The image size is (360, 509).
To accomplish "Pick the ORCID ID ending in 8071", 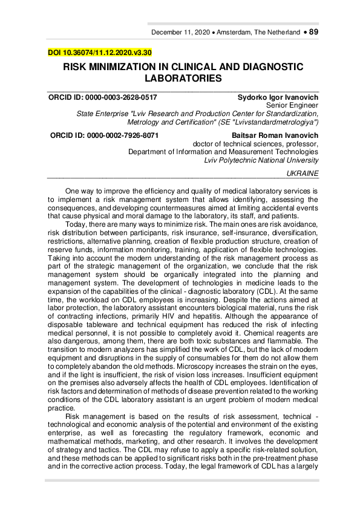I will (104, 136).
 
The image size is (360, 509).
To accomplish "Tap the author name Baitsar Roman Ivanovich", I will (275, 136).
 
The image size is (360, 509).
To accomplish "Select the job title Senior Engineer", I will (292, 105).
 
